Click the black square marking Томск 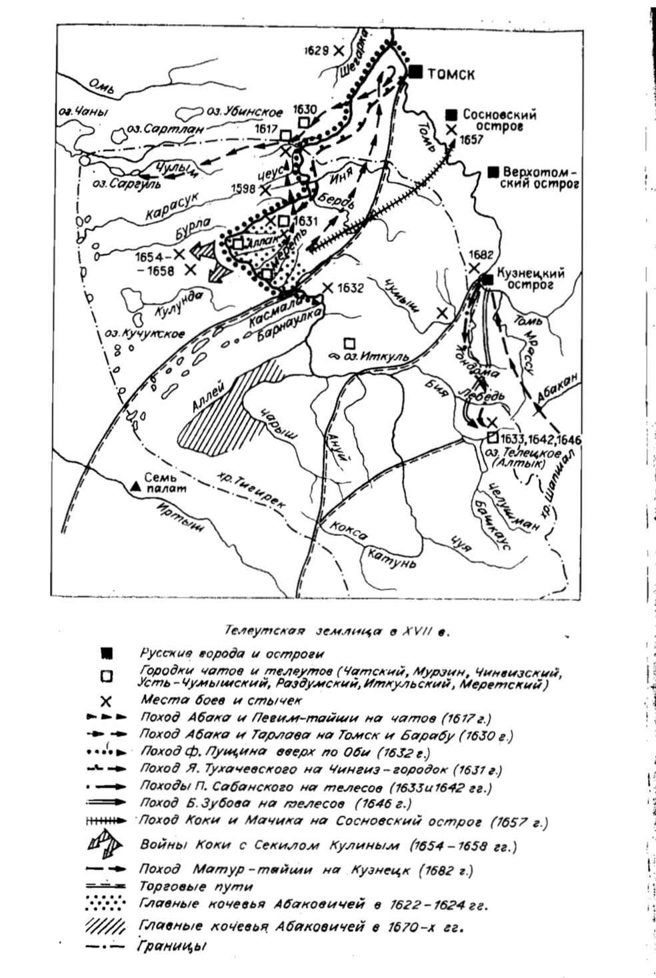coord(417,73)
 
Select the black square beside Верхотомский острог coord(493,171)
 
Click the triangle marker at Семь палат coord(136,487)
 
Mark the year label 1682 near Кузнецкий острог coord(481,254)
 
